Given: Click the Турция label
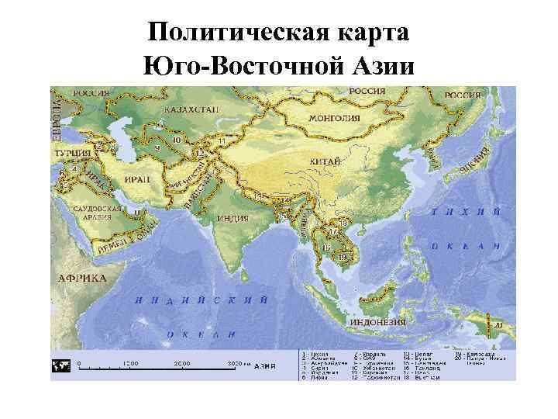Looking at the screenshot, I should [x=72, y=154].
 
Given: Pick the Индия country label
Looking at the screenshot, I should [x=232, y=218].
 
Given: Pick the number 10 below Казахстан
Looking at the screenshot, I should [x=177, y=140].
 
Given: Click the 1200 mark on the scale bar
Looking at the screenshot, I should [x=129, y=363].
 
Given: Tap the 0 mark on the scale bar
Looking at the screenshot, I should [x=78, y=363].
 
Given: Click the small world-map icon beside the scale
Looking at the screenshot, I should [x=60, y=365].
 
